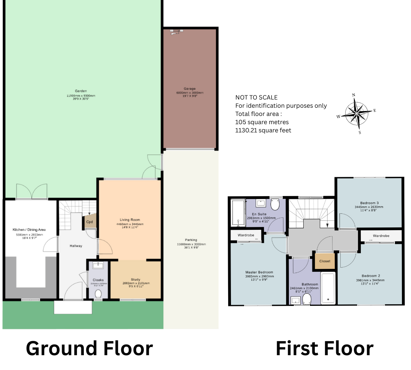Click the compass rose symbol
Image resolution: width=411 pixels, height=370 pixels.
pyautogui.click(x=356, y=112)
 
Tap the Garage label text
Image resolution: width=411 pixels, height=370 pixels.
pyautogui.click(x=189, y=88)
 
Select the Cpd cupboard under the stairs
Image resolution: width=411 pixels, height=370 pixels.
pyautogui.click(x=90, y=222)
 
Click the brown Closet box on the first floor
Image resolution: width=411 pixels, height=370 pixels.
pyautogui.click(x=324, y=261)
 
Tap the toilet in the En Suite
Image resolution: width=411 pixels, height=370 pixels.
pyautogui.click(x=275, y=203)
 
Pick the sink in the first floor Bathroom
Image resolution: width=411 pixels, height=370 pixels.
pyautogui.click(x=296, y=301)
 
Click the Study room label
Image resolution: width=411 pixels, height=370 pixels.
pyautogui.click(x=135, y=280)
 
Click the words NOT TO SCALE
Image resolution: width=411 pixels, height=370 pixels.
pyautogui.click(x=256, y=97)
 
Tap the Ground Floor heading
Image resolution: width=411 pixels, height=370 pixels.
pyautogui.click(x=89, y=349)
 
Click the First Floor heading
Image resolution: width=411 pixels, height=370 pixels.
pyautogui.click(x=324, y=349)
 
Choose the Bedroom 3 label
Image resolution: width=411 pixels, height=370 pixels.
pyautogui.click(x=369, y=203)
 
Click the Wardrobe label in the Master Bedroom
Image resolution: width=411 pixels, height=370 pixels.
pyautogui.click(x=246, y=235)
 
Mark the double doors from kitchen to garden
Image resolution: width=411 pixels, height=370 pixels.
pyautogui.click(x=31, y=191)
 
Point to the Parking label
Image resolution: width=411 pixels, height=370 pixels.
pyautogui.click(x=191, y=240)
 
